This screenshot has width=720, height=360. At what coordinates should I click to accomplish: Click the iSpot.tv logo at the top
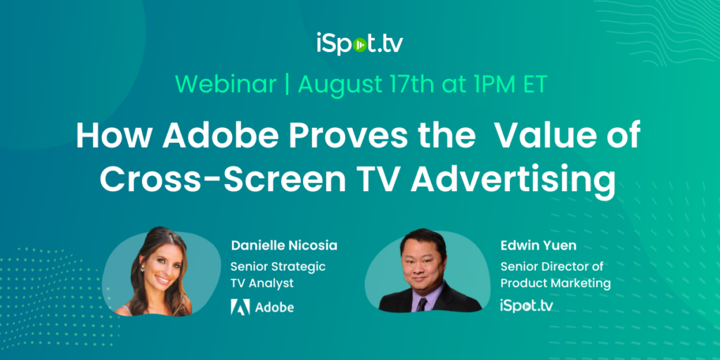tap(359, 44)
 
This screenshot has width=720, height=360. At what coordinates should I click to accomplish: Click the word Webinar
tap(226, 84)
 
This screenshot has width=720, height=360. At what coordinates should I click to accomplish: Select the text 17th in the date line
tap(406, 84)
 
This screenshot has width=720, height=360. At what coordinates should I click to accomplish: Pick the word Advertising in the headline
tap(513, 180)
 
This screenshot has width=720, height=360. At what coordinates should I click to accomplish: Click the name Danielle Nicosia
tap(284, 245)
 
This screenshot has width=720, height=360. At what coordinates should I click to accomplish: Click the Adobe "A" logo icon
tap(240, 307)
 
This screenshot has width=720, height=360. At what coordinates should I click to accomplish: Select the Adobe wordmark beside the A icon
tap(275, 307)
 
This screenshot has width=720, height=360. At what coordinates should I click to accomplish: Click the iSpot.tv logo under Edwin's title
tap(527, 307)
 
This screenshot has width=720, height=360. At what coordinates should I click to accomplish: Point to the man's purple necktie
tap(422, 304)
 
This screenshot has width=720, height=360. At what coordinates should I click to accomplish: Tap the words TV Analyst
tap(262, 283)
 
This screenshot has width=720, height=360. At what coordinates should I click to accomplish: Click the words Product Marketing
tap(555, 283)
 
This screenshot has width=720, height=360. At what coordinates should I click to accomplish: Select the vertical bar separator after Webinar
tap(288, 85)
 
